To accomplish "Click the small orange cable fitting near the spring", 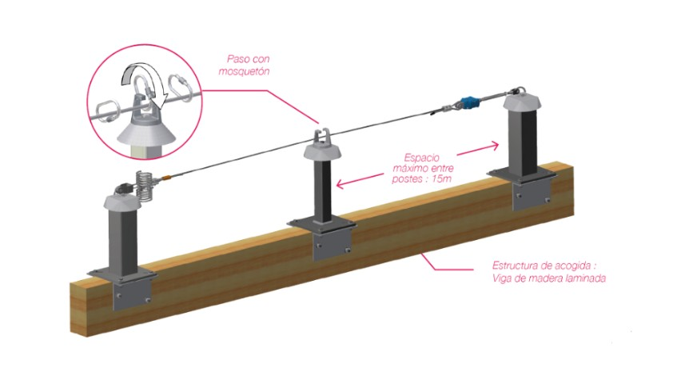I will pos(165,178).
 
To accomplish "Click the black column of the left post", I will pos(125,248).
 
